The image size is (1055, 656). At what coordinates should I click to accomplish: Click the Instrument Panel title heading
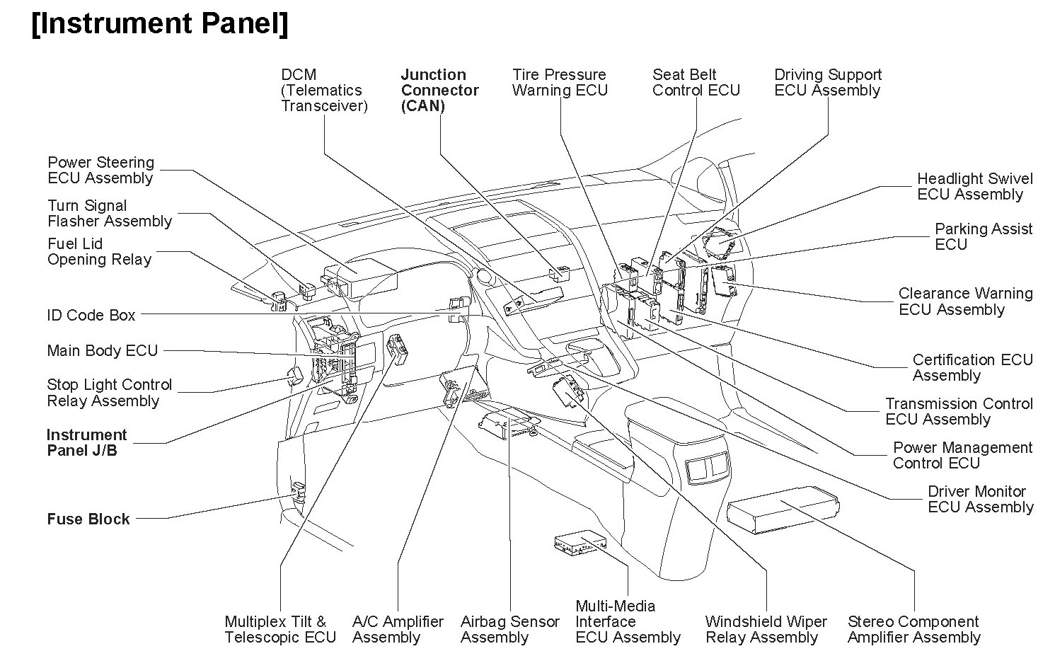[160, 23]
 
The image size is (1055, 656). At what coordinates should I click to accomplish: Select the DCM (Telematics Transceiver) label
[324, 91]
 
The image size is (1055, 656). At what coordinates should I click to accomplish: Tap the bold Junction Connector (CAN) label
[439, 91]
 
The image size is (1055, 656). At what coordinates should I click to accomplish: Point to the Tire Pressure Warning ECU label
[560, 83]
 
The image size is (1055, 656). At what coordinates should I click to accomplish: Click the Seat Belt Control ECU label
[696, 83]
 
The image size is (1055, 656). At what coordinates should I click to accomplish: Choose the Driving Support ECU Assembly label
[828, 83]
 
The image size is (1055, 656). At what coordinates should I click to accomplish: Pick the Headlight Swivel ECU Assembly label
[974, 187]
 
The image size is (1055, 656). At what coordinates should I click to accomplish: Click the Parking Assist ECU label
[984, 237]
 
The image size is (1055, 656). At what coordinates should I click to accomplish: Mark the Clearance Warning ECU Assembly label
[965, 301]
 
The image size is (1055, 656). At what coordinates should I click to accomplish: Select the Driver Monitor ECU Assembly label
[980, 500]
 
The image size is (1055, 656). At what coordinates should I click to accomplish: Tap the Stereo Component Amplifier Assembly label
[913, 630]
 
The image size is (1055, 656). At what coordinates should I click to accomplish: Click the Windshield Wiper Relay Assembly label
[766, 630]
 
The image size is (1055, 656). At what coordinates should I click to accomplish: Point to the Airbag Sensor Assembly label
[509, 630]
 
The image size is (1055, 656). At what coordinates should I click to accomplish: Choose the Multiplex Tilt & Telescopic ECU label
[280, 630]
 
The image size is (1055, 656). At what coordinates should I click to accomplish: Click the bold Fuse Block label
[88, 519]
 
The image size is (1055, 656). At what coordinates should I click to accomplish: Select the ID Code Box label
[91, 316]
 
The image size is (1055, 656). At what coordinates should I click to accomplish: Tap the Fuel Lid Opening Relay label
[99, 252]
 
